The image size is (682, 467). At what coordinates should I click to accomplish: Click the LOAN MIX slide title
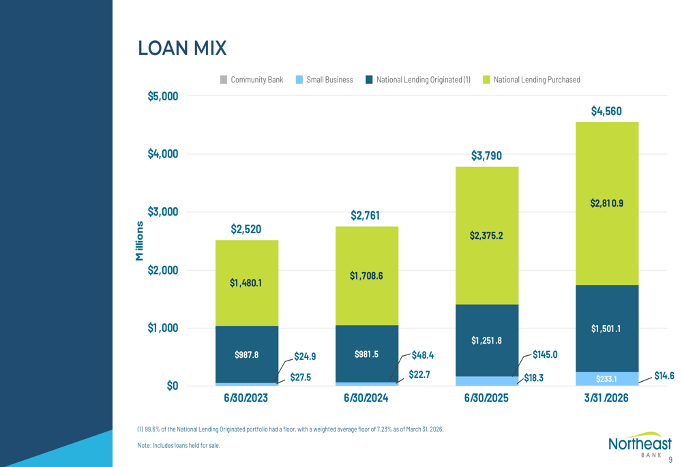[x=182, y=48]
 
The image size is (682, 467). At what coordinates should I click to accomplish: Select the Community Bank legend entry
[x=252, y=80]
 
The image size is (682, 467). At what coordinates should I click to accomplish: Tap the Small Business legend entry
[x=325, y=80]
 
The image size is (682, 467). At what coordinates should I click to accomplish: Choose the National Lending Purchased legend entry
[x=531, y=80]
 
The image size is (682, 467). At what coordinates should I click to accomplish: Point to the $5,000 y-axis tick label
[x=163, y=96]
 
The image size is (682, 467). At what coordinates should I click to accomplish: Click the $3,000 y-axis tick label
[x=163, y=212]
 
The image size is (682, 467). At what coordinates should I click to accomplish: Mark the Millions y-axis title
[x=140, y=241]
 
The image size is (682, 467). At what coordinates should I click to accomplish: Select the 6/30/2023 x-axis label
[x=246, y=398]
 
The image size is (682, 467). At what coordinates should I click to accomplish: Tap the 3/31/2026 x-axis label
[x=606, y=398]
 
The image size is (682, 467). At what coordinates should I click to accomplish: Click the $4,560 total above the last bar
[x=606, y=111]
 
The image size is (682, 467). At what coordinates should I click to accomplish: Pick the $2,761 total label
[x=366, y=216]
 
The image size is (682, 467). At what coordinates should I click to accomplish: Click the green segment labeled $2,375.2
[x=486, y=236]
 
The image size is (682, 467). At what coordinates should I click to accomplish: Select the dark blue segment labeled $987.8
[x=246, y=355]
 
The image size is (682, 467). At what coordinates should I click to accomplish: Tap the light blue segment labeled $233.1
[x=606, y=379]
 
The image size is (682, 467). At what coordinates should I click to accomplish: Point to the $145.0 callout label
[x=545, y=355]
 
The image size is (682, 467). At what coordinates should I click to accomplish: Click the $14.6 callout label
[x=664, y=376]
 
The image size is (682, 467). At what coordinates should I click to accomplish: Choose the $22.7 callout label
[x=418, y=374]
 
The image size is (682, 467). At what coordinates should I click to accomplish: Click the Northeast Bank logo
[x=639, y=444]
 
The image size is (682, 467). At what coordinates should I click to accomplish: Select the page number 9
[x=670, y=460]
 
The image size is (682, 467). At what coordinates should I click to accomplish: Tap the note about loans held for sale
[x=179, y=446]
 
